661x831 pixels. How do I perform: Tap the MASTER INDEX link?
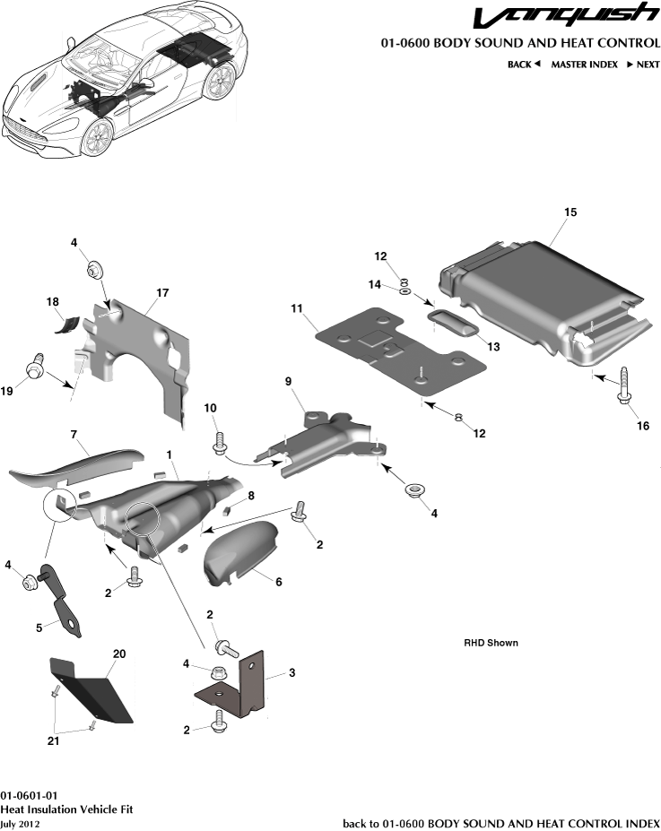(584, 65)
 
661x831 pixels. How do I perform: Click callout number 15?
(570, 212)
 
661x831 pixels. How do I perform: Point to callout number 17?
(162, 293)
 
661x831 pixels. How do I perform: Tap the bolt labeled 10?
(217, 443)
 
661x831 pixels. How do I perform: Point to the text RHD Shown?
(491, 643)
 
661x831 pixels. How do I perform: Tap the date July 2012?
(20, 823)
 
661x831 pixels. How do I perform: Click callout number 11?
(297, 308)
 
